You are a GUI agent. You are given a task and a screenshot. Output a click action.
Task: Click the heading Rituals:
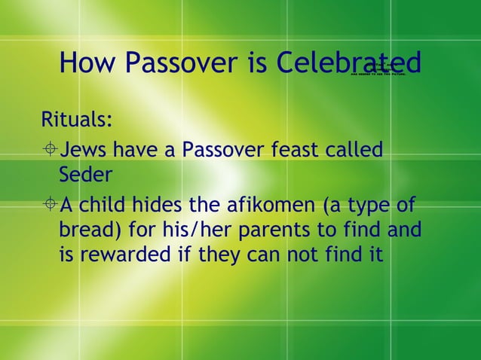click(x=78, y=120)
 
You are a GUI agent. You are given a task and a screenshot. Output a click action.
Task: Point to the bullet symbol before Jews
click(x=49, y=149)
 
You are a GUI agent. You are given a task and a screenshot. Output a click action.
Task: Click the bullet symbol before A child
click(x=49, y=204)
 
